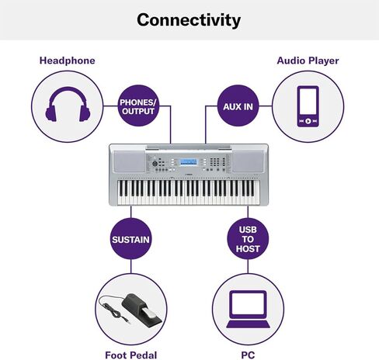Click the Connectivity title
(x=189, y=20)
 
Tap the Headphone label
(x=68, y=61)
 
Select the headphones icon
(x=68, y=104)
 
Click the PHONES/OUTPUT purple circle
(x=138, y=106)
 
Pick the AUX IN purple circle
(x=238, y=106)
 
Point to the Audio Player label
(x=308, y=61)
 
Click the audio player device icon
(x=308, y=106)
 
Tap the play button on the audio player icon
(x=308, y=121)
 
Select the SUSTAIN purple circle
(x=130, y=239)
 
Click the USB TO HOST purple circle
(x=248, y=239)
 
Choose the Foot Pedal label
(x=131, y=355)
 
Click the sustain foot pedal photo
(x=130, y=309)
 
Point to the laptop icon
(x=248, y=310)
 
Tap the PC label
(x=248, y=355)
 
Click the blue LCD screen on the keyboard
(x=188, y=162)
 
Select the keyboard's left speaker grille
(x=130, y=161)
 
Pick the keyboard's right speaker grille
(x=248, y=161)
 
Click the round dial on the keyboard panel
(x=155, y=164)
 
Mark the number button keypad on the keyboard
(x=214, y=161)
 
